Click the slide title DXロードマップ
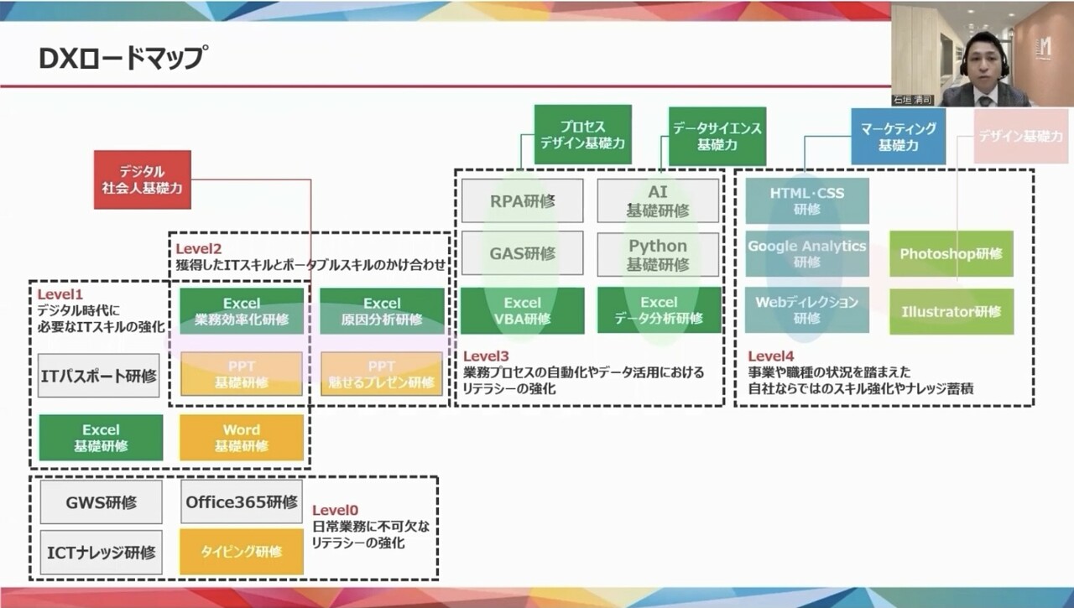pos(122,59)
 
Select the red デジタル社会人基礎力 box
pos(143,179)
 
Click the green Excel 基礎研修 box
pos(101,438)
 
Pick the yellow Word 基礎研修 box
pos(242,438)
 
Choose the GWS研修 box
pos(101,503)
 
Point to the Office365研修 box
pos(242,502)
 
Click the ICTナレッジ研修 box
pos(101,552)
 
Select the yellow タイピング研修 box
pos(242,552)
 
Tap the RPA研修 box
pos(522,201)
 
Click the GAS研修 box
pos(522,252)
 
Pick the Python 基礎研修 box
pos(658,254)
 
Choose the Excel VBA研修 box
pos(522,310)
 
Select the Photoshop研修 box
pos(951,253)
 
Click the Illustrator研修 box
pos(951,312)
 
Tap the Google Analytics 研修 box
pos(806,253)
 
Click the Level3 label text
pos(486,356)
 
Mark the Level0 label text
pos(335,510)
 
